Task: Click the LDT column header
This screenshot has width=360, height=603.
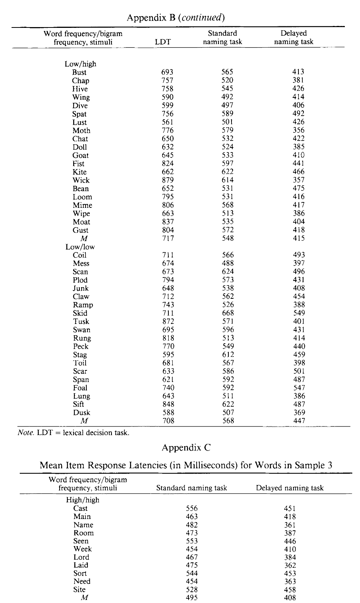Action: point(163,42)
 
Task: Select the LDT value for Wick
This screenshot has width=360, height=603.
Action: point(168,180)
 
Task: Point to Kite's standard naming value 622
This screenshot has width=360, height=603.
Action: point(228,172)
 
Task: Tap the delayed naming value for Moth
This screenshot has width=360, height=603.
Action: point(298,130)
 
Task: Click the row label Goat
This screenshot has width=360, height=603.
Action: point(81,156)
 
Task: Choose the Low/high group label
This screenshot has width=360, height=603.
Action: point(80,64)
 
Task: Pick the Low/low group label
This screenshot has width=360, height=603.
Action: point(80,247)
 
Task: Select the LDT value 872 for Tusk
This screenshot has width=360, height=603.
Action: point(168,322)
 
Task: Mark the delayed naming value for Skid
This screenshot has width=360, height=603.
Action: point(299,313)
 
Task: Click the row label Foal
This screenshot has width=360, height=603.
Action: point(80,388)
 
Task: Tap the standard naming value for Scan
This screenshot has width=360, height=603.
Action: point(228,272)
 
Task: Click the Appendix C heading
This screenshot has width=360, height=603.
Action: point(186,448)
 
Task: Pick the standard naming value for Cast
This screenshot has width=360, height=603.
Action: point(192,508)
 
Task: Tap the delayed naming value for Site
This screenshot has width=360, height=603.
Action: point(290,590)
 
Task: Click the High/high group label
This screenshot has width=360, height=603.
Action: point(82,500)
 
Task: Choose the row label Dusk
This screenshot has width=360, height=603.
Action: point(81,413)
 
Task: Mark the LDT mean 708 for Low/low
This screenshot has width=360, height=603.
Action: point(168,421)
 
